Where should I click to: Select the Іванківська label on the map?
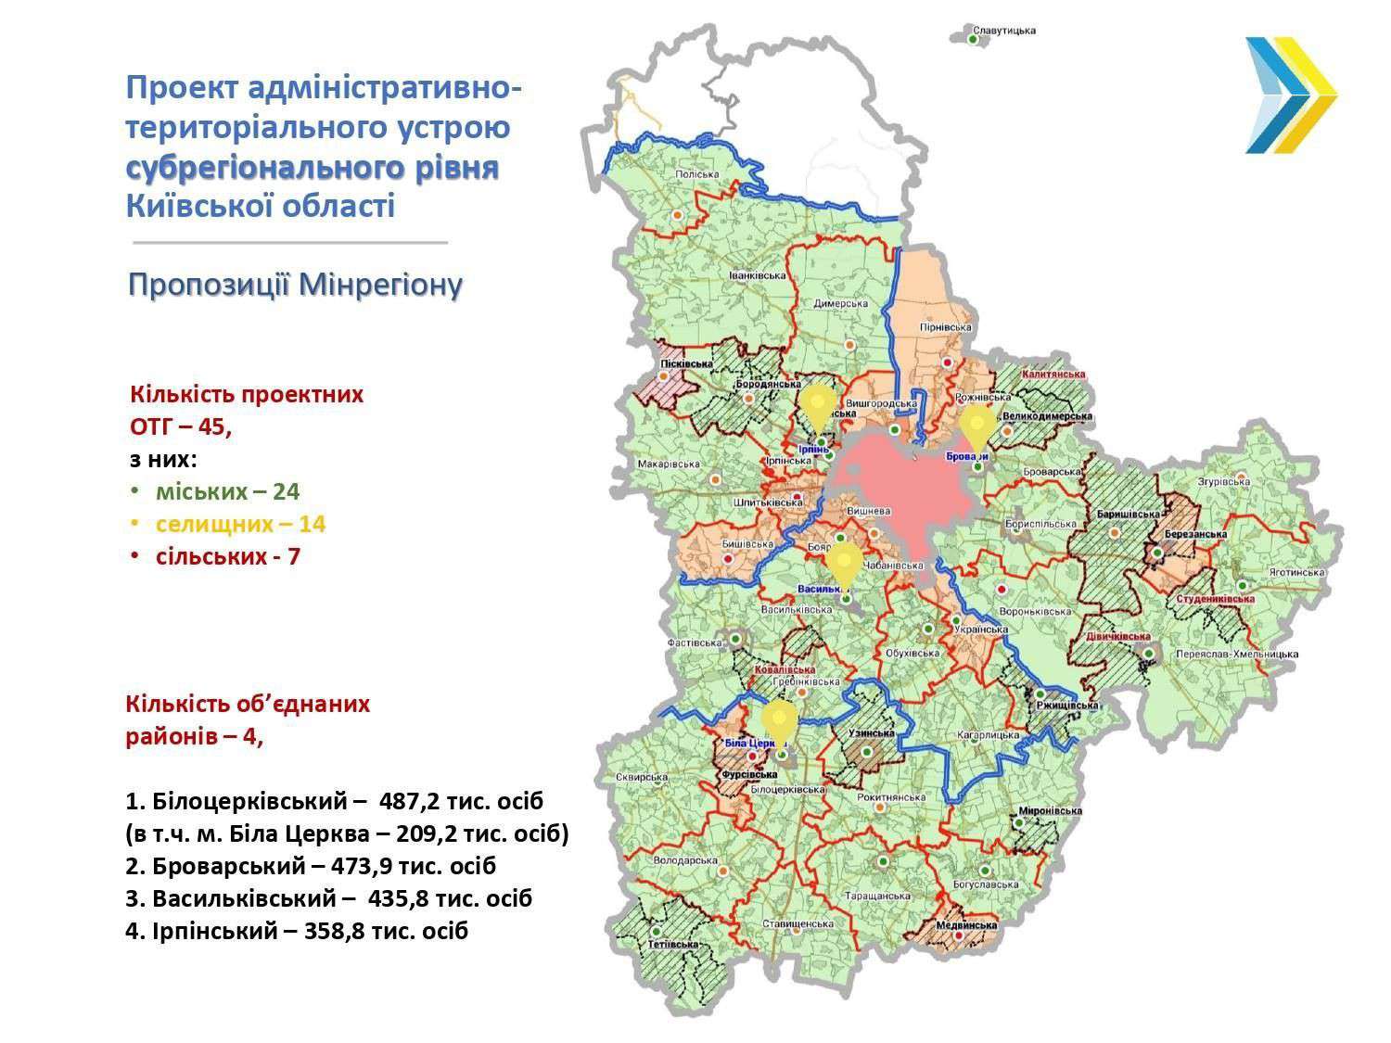[x=757, y=275]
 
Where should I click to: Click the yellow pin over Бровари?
[x=976, y=426]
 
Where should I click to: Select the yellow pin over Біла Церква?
[x=780, y=720]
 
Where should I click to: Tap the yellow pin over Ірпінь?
[x=817, y=408]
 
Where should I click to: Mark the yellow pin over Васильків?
[x=843, y=563]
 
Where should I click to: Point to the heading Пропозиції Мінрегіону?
[x=295, y=285]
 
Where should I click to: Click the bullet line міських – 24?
[x=227, y=491]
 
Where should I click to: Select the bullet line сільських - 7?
[x=227, y=556]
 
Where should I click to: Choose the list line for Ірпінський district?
[x=297, y=931]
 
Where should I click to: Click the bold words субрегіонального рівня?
[x=313, y=168]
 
